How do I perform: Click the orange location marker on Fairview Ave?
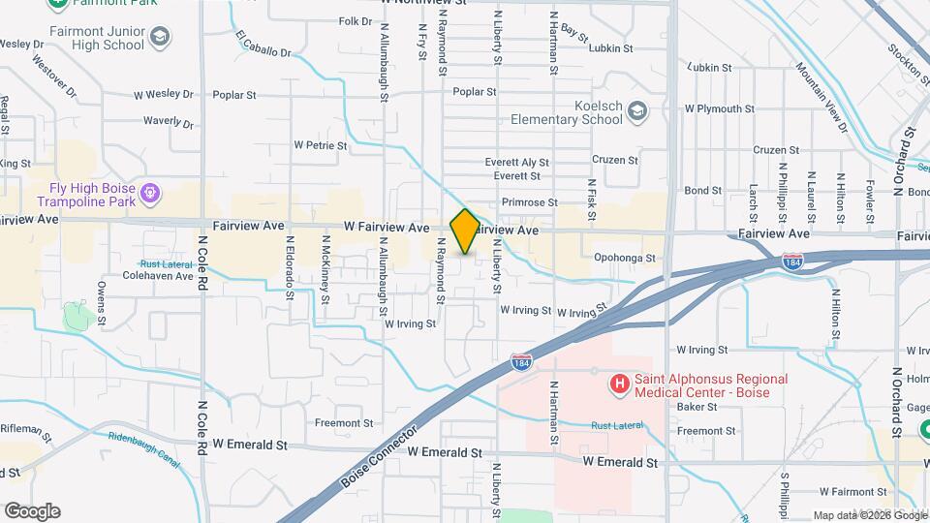(x=464, y=231)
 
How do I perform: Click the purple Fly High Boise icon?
(x=150, y=194)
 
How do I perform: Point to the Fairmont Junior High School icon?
(x=159, y=38)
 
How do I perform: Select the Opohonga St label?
(x=625, y=259)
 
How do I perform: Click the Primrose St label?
(x=529, y=202)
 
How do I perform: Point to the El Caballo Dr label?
(x=263, y=44)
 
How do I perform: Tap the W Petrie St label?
(x=321, y=145)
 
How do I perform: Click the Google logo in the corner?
(x=32, y=510)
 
